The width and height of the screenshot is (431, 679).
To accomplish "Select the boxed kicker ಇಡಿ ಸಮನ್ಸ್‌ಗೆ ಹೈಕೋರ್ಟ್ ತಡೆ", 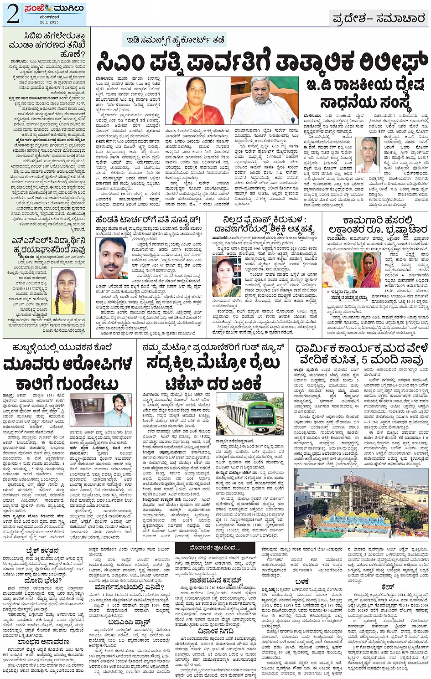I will point(176,40).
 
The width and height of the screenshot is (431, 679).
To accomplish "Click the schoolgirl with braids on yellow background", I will point(68,291).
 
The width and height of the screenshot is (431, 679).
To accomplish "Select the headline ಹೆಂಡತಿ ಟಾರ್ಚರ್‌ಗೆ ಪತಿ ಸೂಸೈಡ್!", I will point(148,220).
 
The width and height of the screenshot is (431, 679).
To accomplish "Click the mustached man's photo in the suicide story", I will point(111,257).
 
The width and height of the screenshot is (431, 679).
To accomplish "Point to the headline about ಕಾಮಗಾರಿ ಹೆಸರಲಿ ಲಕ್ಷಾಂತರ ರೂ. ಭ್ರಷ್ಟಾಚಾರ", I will point(378,225).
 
